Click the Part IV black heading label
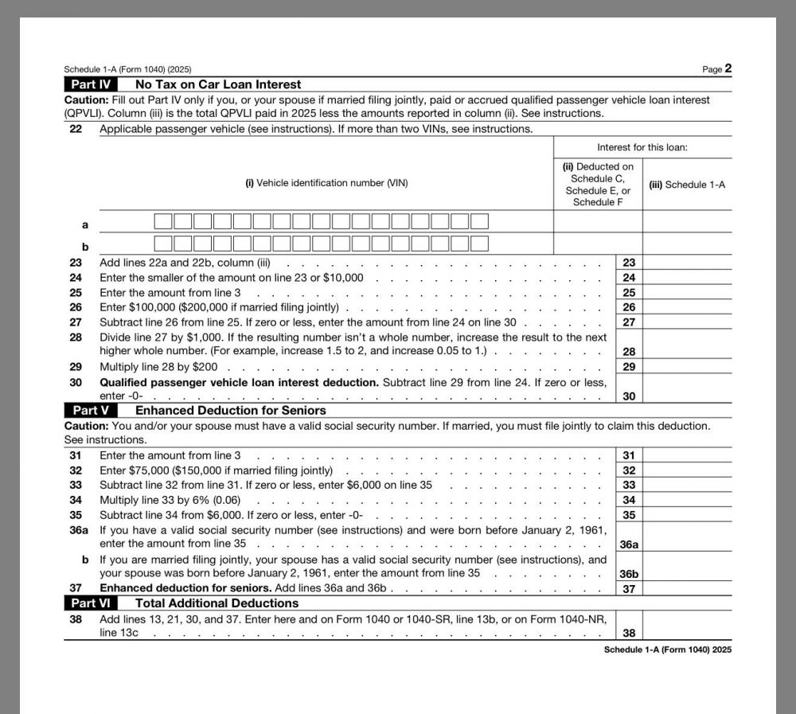pyautogui.click(x=91, y=84)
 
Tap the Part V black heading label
pyautogui.click(x=91, y=411)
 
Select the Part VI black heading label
pyautogui.click(x=91, y=603)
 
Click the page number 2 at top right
pyautogui.click(x=728, y=68)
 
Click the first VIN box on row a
pyautogui.click(x=163, y=221)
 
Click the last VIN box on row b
pyautogui.click(x=479, y=244)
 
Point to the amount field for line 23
pyautogui.click(x=687, y=263)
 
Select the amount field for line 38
pyautogui.click(x=687, y=626)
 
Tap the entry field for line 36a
pyautogui.click(x=687, y=537)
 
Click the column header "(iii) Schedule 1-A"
pyautogui.click(x=687, y=185)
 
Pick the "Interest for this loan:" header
pyautogui.click(x=642, y=147)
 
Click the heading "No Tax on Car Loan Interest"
pyautogui.click(x=218, y=84)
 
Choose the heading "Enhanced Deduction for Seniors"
pyautogui.click(x=230, y=411)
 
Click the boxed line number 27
pyautogui.click(x=629, y=322)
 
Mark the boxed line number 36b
pyautogui.click(x=629, y=573)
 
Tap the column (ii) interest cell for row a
pyautogui.click(x=598, y=221)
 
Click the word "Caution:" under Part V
pyautogui.click(x=85, y=426)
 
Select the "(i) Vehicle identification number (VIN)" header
pyautogui.click(x=326, y=183)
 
